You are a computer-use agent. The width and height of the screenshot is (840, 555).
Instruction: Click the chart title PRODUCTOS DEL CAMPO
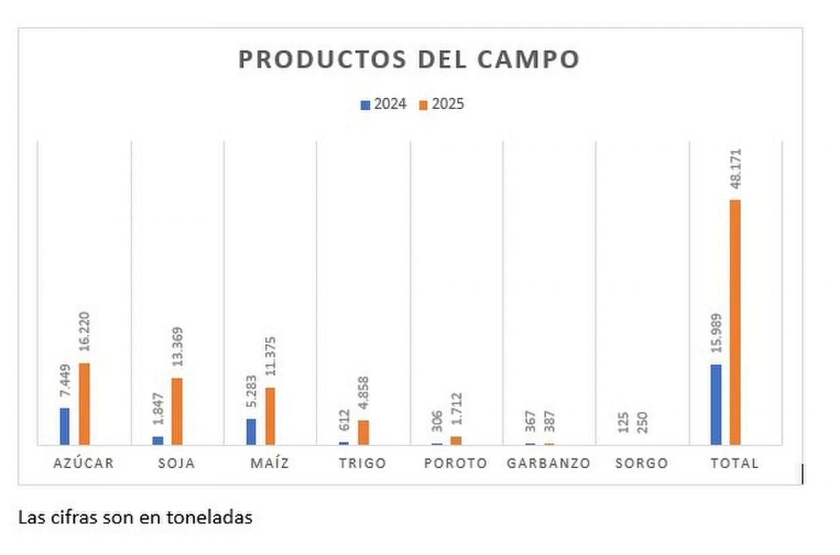(409, 59)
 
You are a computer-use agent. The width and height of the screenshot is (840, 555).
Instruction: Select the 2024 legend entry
(383, 105)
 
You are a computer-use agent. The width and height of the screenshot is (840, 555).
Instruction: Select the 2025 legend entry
(442, 105)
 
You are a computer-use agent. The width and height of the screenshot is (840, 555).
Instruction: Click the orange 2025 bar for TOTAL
(735, 322)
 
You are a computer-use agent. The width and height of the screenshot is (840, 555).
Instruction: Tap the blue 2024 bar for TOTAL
(716, 404)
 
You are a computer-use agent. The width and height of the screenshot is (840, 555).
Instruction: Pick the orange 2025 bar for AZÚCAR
(84, 404)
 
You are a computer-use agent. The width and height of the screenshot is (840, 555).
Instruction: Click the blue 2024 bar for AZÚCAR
(65, 426)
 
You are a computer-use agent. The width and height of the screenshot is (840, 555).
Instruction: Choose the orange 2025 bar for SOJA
(177, 411)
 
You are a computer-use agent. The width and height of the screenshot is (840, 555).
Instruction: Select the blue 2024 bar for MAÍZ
(251, 431)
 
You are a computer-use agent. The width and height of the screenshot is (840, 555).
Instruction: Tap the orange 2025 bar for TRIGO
(363, 432)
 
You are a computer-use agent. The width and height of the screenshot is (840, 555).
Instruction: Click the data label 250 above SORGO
(642, 423)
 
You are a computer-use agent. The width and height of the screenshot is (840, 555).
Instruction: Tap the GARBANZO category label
(548, 464)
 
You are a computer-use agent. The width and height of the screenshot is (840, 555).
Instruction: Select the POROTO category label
(456, 464)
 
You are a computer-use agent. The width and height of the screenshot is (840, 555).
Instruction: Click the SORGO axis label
(641, 464)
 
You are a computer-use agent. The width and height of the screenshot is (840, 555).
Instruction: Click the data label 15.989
(716, 334)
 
